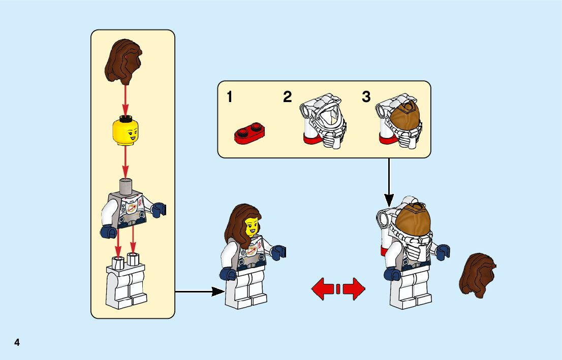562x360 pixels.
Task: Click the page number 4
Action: click(17, 342)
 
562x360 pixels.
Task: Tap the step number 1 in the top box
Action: click(230, 97)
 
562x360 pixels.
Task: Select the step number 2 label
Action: click(288, 97)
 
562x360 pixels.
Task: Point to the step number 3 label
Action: click(366, 97)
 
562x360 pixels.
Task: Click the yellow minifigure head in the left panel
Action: click(125, 130)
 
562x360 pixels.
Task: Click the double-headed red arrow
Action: click(338, 289)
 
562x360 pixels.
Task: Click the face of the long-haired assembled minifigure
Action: click(252, 227)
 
